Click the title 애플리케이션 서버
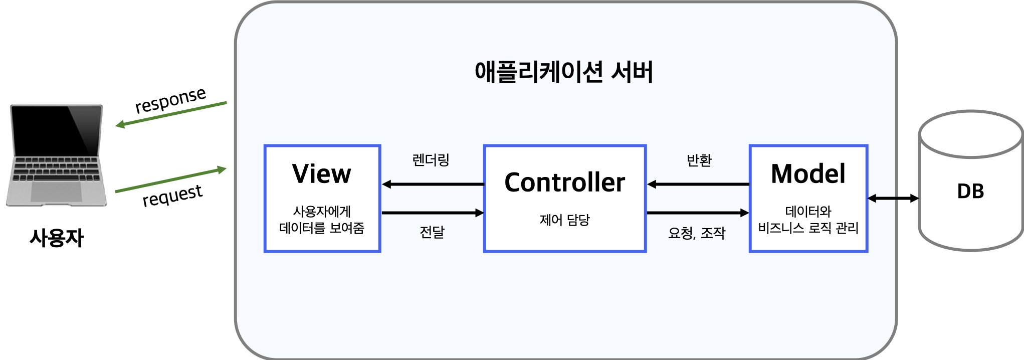[x=564, y=73]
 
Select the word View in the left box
[x=322, y=174]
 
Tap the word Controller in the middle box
[x=564, y=183]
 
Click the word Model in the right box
[x=808, y=174]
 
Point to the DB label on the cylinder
[x=970, y=192]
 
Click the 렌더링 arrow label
[x=431, y=160]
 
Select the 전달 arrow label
[x=432, y=232]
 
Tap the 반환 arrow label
[x=699, y=160]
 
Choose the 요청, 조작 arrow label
[x=697, y=233]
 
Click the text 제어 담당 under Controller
[x=564, y=220]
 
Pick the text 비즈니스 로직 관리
[x=808, y=229]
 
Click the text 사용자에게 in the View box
[x=322, y=211]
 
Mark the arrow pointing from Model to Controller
[x=698, y=185]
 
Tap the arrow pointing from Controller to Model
[x=698, y=213]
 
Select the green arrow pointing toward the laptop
[x=170, y=114]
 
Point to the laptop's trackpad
[x=56, y=192]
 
